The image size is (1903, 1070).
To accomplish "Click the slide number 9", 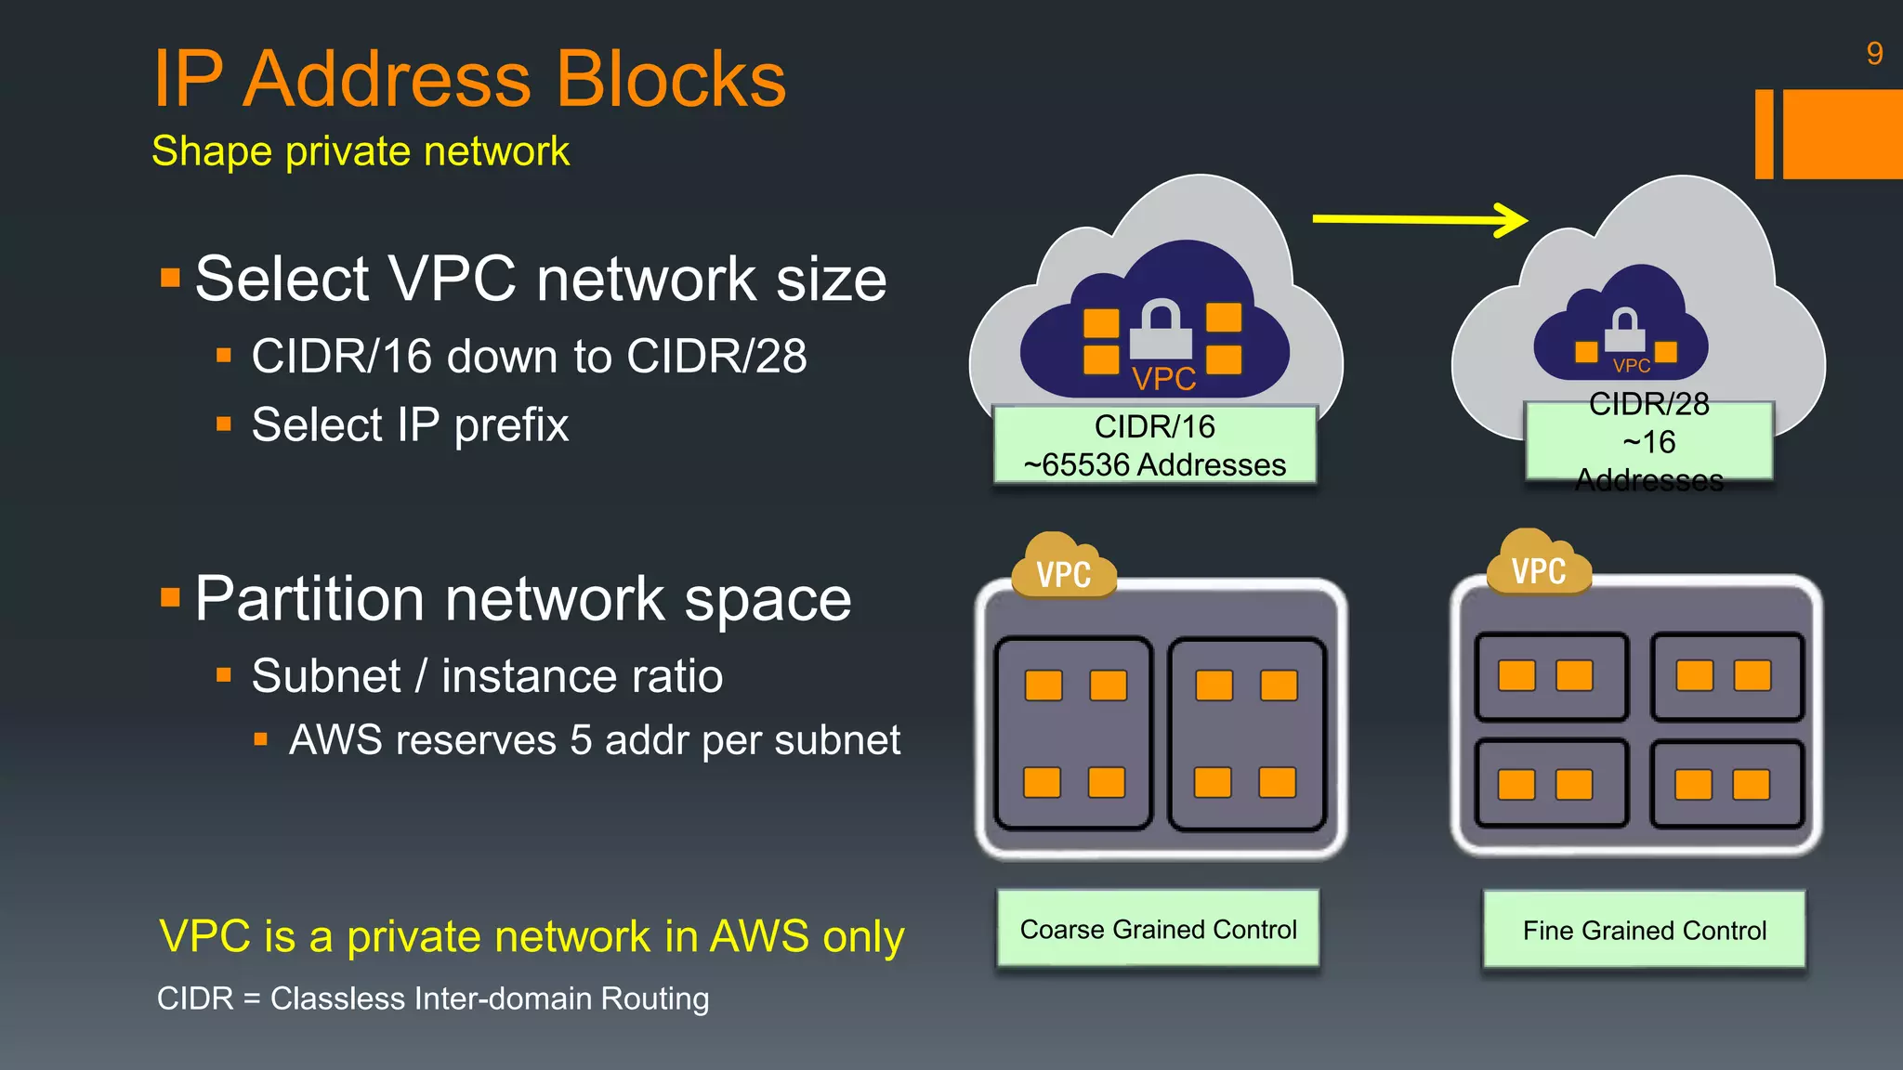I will (x=1873, y=54).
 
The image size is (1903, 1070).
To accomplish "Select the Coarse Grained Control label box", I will (x=1158, y=929).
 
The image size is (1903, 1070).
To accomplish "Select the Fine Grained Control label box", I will (x=1644, y=930).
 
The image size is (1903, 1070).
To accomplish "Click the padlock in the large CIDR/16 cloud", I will (x=1161, y=330).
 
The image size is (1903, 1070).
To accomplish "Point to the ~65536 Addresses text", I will (x=1155, y=464).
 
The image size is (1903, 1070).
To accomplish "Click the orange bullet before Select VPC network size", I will (x=170, y=278).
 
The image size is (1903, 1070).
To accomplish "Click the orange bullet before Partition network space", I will (x=170, y=597).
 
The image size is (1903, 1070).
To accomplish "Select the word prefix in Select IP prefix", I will (x=511, y=425).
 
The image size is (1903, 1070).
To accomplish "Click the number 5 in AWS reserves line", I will (x=581, y=740).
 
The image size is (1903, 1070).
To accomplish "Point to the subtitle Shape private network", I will (x=361, y=151).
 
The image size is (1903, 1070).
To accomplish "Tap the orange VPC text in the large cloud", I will (x=1163, y=379).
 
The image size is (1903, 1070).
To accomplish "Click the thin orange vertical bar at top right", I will (x=1764, y=134).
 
